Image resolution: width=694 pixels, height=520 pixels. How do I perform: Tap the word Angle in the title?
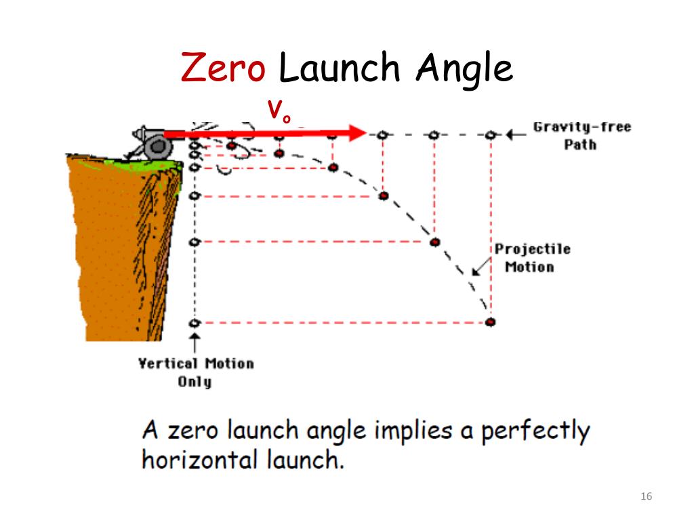pyautogui.click(x=464, y=70)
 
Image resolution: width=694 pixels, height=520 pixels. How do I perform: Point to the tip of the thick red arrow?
pyautogui.click(x=365, y=133)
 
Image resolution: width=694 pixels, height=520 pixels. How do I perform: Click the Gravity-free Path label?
pyautogui.click(x=581, y=135)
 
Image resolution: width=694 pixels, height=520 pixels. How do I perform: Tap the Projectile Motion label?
pyautogui.click(x=533, y=258)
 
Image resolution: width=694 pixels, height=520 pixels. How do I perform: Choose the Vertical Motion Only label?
pyautogui.click(x=196, y=372)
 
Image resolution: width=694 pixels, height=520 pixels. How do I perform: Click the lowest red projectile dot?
pyautogui.click(x=491, y=322)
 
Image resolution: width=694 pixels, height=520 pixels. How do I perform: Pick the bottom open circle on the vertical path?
pyautogui.click(x=195, y=322)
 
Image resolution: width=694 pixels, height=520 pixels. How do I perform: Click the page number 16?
pyautogui.click(x=645, y=498)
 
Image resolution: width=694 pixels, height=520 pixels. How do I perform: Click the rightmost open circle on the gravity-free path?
pyautogui.click(x=491, y=135)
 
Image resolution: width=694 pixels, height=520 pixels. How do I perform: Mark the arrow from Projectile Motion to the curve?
pyautogui.click(x=482, y=267)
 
